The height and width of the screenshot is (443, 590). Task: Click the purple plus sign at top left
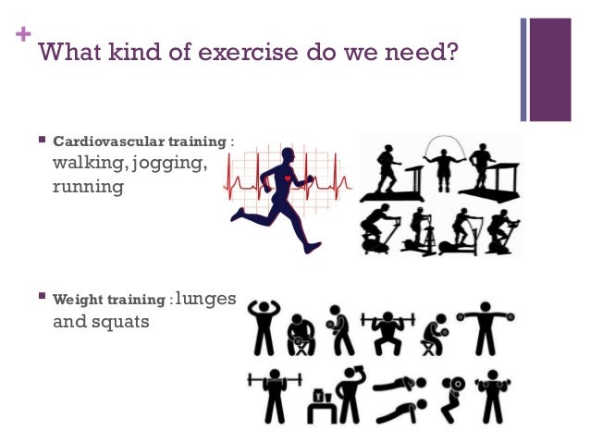tap(24, 38)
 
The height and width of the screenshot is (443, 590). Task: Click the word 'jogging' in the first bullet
tap(173, 164)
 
